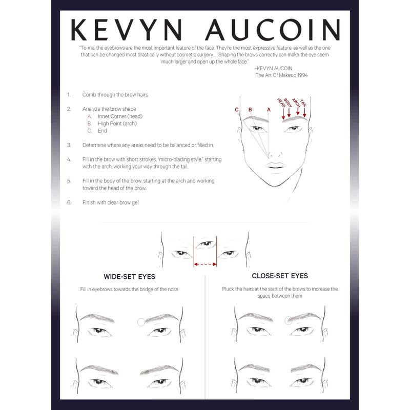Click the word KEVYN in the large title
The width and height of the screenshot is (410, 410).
click(127, 30)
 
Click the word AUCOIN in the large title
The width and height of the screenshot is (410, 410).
click(273, 30)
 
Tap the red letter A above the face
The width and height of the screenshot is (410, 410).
click(269, 110)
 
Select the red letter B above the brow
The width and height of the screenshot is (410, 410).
click(250, 110)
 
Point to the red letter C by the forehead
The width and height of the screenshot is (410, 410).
click(237, 110)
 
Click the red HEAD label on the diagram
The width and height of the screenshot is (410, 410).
click(281, 103)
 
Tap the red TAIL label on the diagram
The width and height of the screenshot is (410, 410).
click(303, 103)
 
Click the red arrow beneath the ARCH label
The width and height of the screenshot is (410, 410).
click(298, 112)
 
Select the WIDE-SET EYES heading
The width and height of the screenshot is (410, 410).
click(130, 277)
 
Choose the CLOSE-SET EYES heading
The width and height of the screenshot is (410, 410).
click(280, 276)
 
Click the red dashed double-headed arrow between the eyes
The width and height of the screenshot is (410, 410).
click(206, 264)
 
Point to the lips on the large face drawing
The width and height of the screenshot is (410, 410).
click(275, 166)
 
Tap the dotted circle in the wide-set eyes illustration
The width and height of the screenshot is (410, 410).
click(141, 322)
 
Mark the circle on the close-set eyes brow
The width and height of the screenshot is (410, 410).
click(289, 320)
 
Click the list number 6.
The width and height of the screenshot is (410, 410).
click(69, 202)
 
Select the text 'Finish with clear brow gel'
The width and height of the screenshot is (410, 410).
click(110, 202)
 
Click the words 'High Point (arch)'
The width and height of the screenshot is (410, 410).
click(117, 124)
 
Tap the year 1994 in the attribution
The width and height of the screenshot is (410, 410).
click(302, 75)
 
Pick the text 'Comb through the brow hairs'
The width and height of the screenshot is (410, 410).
click(115, 95)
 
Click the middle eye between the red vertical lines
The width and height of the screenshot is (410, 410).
click(206, 244)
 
